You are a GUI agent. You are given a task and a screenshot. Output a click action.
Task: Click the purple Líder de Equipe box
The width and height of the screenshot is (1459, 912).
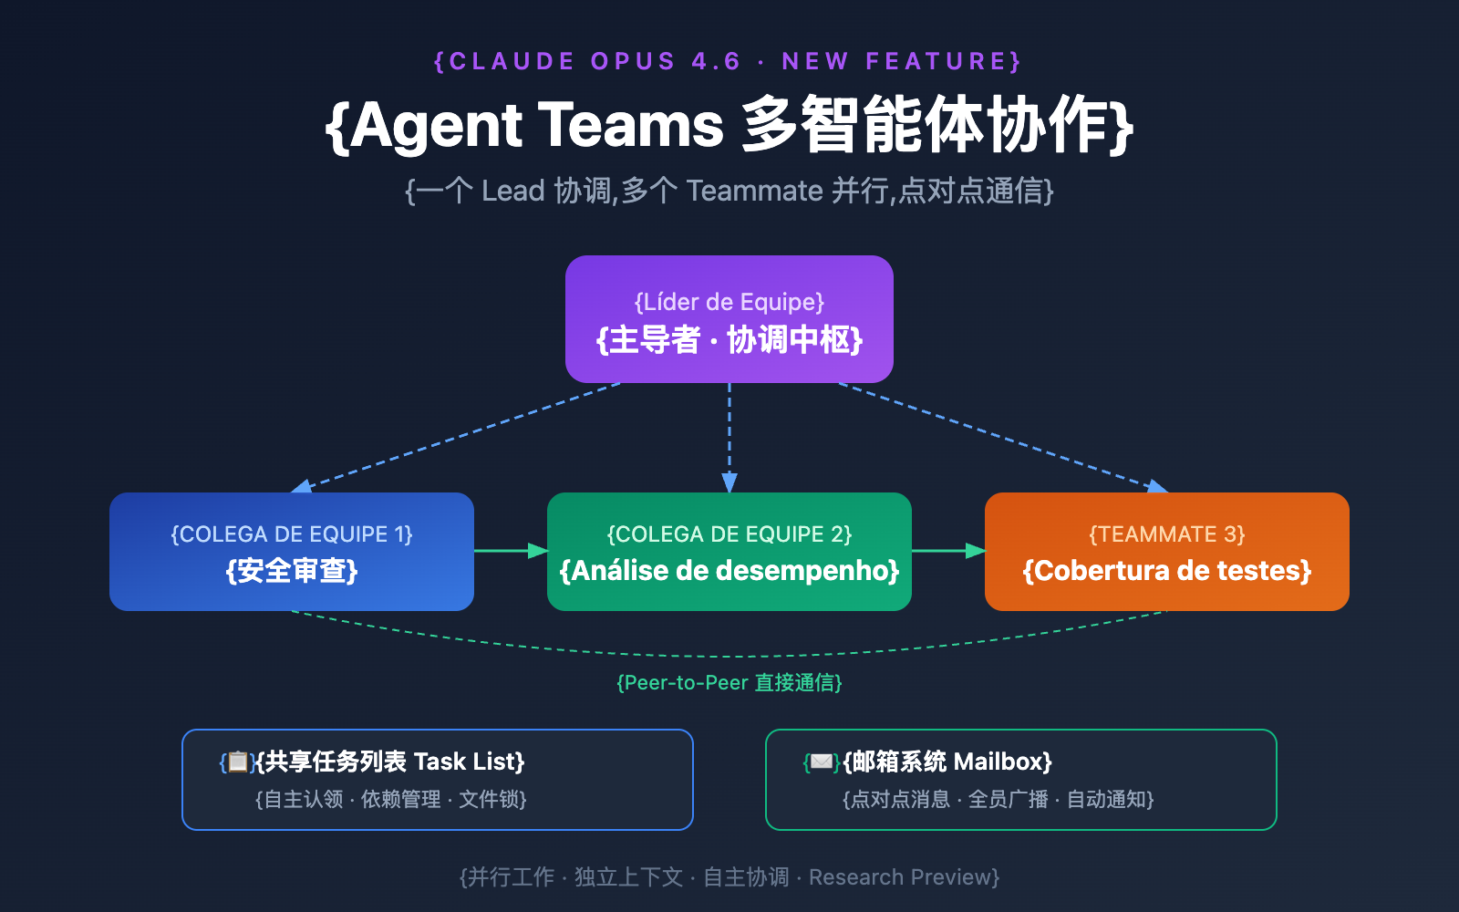(729, 319)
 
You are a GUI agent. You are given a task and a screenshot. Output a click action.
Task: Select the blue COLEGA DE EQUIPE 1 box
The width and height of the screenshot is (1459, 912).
(292, 552)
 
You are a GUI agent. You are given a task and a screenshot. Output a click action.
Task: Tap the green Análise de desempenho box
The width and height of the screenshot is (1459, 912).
(729, 552)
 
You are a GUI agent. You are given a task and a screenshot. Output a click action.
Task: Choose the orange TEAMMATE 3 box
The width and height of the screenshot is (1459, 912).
(1167, 552)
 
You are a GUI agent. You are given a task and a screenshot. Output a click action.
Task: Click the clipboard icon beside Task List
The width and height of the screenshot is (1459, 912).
(237, 762)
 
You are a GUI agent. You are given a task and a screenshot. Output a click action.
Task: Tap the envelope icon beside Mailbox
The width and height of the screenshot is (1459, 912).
(822, 762)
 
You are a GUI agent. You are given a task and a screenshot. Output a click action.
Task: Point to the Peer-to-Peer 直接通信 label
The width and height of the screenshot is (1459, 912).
(729, 683)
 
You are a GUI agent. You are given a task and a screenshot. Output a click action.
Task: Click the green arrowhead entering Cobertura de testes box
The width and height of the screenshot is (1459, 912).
(975, 551)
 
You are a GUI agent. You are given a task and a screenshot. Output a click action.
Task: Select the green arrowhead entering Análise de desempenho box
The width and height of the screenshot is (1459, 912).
(537, 551)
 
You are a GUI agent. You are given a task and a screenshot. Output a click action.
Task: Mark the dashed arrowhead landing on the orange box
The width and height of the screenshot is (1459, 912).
(1157, 487)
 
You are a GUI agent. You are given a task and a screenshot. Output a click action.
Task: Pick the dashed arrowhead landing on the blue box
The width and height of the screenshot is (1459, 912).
(302, 487)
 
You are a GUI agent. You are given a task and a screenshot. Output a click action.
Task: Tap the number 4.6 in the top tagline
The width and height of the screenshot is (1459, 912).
(716, 61)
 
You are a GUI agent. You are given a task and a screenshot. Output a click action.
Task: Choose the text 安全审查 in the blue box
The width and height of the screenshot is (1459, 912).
(292, 571)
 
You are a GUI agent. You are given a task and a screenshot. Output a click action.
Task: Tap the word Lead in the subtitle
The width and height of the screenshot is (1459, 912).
(512, 191)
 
